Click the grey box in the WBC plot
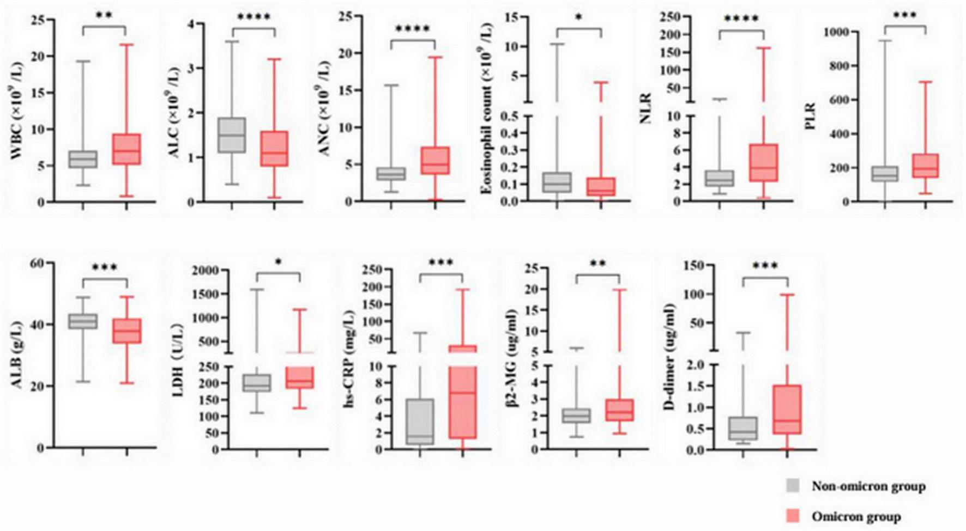pyautogui.click(x=82, y=159)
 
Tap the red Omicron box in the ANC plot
pyautogui.click(x=435, y=161)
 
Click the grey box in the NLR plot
pyautogui.click(x=719, y=179)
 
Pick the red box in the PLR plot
pyautogui.click(x=926, y=166)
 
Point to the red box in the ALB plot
pyautogui.click(x=126, y=331)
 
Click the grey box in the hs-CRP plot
pyautogui.click(x=420, y=422)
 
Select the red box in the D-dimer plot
pyautogui.click(x=787, y=410)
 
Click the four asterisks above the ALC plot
pyautogui.click(x=253, y=17)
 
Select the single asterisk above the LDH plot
pyautogui.click(x=278, y=263)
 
